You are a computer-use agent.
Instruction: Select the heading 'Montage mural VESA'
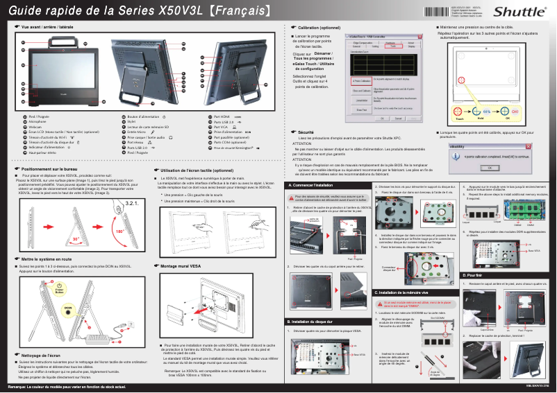click(183, 265)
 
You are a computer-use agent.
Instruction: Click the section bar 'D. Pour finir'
click(472, 276)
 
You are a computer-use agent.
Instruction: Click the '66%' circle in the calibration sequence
click(487, 111)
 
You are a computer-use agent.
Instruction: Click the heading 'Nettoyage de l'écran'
click(42, 355)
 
